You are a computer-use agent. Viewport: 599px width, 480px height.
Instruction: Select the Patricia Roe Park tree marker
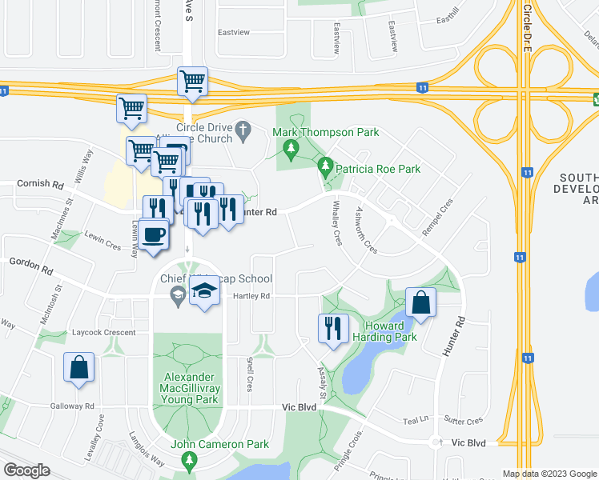pyautogui.click(x=325, y=169)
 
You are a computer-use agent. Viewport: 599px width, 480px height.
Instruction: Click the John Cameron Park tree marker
pyautogui.click(x=189, y=460)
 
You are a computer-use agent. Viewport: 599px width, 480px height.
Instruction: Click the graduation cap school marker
pyautogui.click(x=204, y=291)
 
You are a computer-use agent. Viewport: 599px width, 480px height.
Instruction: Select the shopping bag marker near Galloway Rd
pyautogui.click(x=79, y=368)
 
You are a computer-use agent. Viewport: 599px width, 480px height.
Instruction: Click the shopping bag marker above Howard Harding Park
pyautogui.click(x=420, y=302)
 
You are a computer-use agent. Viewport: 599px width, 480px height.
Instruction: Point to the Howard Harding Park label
pyautogui.click(x=390, y=331)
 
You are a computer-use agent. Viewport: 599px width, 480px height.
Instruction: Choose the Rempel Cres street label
pyautogui.click(x=432, y=217)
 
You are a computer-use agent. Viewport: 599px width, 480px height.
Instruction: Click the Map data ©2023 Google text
pyautogui.click(x=549, y=474)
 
